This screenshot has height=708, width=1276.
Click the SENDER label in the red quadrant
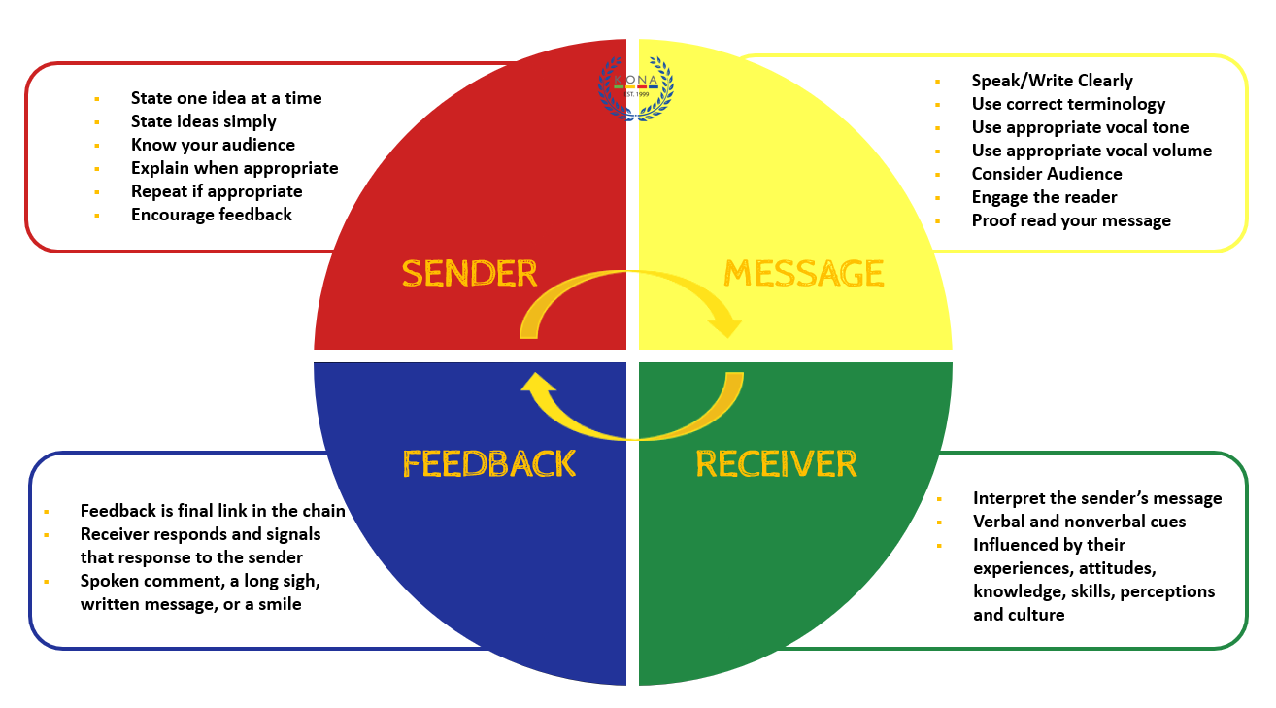[x=469, y=274]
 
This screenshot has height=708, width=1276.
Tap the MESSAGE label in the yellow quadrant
[x=803, y=274]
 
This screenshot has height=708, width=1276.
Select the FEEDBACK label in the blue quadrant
[x=489, y=463]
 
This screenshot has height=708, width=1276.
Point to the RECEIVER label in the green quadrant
[x=776, y=463]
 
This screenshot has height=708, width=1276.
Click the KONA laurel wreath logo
[x=636, y=87]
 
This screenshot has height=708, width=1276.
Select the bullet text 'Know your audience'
[x=213, y=145]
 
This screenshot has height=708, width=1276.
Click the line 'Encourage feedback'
[x=211, y=215]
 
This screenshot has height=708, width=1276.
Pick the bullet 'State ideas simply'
[x=203, y=121]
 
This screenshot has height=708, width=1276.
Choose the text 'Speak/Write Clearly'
[x=1052, y=81]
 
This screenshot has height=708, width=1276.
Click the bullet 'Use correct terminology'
[x=1068, y=104]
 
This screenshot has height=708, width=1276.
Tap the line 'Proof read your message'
[x=1071, y=220]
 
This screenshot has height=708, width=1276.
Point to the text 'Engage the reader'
[x=1044, y=197]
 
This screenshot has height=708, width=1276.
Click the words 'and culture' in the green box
[x=1019, y=615]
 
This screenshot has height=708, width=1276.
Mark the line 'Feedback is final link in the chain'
[x=213, y=511]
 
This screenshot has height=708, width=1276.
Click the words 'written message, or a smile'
[x=190, y=604]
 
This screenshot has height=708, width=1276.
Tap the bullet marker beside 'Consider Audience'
[x=937, y=175]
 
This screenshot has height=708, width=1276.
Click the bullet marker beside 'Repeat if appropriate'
[x=97, y=192]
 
